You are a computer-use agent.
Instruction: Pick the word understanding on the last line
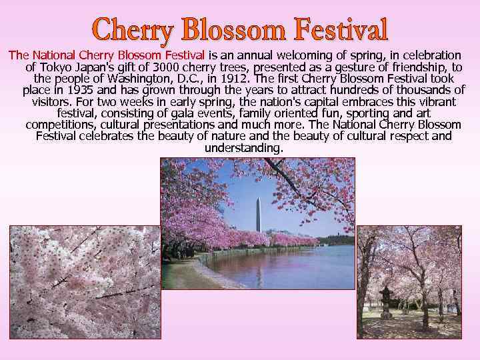[243, 147]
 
